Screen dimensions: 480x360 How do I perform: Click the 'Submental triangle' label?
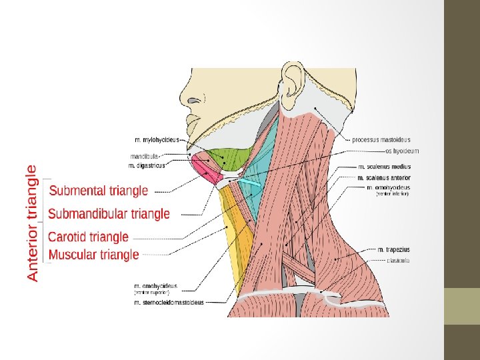(x=99, y=191)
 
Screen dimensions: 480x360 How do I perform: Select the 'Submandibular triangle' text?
(x=109, y=214)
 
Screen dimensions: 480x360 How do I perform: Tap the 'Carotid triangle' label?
(x=89, y=237)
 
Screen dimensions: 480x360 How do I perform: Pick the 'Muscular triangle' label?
(x=94, y=254)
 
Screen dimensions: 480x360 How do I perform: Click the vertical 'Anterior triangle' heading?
(x=32, y=223)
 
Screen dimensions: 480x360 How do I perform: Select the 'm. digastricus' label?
(x=146, y=165)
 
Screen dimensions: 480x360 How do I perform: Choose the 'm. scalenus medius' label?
(x=385, y=167)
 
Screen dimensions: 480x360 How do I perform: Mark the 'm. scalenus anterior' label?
(x=384, y=178)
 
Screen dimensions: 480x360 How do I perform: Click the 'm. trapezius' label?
(x=393, y=250)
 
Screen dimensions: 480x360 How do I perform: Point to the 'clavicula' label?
(x=397, y=261)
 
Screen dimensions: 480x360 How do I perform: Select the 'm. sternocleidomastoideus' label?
(x=169, y=303)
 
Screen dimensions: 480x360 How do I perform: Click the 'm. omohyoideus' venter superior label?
(x=155, y=286)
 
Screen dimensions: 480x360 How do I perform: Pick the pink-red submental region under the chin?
(x=204, y=167)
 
